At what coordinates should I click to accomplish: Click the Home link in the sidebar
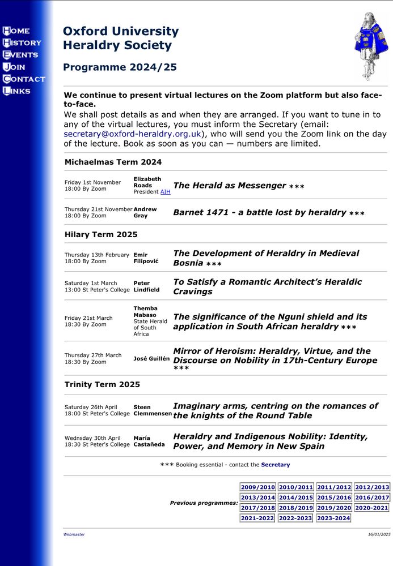click(16, 31)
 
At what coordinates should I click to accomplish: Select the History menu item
click(22, 42)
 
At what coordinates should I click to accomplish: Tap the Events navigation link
click(20, 55)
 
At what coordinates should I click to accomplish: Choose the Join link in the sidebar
click(14, 67)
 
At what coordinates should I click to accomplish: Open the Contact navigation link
click(24, 79)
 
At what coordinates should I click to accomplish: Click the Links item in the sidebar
click(17, 91)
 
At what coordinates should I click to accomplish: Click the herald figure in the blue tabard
click(371, 45)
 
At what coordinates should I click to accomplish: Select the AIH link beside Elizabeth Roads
click(165, 192)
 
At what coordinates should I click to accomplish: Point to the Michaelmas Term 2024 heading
click(113, 162)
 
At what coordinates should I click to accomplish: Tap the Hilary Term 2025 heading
click(101, 234)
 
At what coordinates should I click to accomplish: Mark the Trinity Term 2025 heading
click(102, 385)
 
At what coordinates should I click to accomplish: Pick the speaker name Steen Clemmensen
click(153, 410)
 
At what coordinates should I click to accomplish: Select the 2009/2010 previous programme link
click(257, 487)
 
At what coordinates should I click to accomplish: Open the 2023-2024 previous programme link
click(333, 518)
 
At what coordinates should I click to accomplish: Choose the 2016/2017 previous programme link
click(372, 498)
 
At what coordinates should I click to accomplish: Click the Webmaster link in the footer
click(74, 534)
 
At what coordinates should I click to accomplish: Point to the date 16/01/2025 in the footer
click(379, 534)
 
